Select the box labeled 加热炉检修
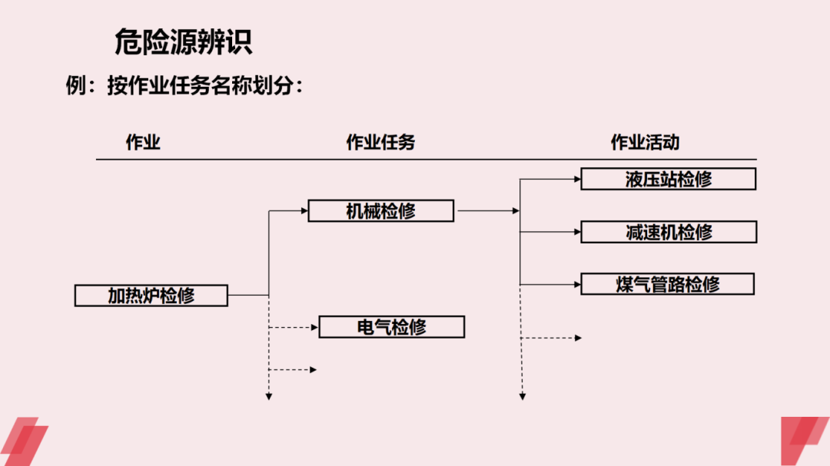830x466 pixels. pyautogui.click(x=151, y=295)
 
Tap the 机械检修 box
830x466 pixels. pyautogui.click(x=380, y=210)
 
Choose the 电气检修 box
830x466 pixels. pyautogui.click(x=391, y=327)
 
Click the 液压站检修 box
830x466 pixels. pyautogui.click(x=668, y=179)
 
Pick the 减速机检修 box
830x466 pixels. pyautogui.click(x=669, y=232)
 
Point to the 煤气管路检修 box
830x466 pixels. pyautogui.click(x=667, y=284)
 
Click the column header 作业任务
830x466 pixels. pyautogui.click(x=380, y=142)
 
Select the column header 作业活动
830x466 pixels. pyautogui.click(x=645, y=142)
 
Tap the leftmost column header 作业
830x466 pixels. pyautogui.click(x=143, y=142)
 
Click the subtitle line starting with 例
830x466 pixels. pyautogui.click(x=184, y=87)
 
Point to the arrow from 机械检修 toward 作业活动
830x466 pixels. pyautogui.click(x=488, y=210)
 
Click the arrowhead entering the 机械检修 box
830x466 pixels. pyautogui.click(x=304, y=210)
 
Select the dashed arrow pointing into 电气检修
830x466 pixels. pyautogui.click(x=294, y=328)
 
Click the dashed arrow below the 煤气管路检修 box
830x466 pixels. pyautogui.click(x=551, y=338)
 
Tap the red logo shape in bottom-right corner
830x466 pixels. pyautogui.click(x=804, y=441)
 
